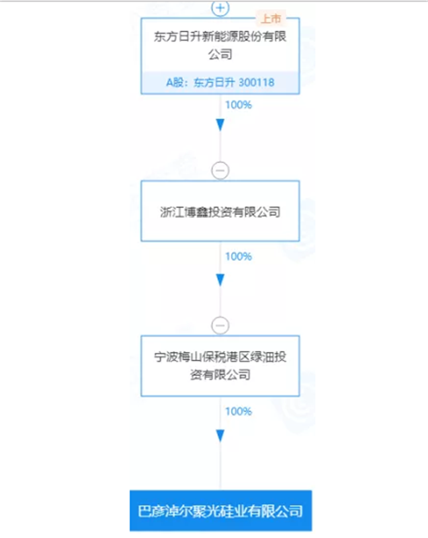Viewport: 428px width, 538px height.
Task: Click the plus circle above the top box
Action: click(220, 8)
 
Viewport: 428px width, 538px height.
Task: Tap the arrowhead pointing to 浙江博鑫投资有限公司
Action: click(220, 125)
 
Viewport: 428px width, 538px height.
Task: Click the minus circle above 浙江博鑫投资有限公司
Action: click(220, 170)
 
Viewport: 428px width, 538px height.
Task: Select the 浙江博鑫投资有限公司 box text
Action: click(220, 211)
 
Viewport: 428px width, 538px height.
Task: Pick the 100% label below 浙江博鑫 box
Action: click(238, 257)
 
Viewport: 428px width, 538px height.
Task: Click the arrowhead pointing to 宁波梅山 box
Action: click(220, 280)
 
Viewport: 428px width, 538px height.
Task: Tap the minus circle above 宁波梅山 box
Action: click(220, 326)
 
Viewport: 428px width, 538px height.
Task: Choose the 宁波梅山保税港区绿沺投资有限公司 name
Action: click(220, 365)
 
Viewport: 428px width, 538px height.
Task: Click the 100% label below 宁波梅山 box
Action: click(238, 412)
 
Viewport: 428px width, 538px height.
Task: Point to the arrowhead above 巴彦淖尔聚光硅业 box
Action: click(220, 435)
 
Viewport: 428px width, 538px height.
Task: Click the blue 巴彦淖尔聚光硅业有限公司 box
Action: click(220, 511)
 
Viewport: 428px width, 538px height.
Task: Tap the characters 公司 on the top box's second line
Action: click(220, 55)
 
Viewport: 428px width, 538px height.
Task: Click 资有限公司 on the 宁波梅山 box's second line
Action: click(220, 375)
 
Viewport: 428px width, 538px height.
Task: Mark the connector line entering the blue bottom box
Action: click(220, 471)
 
